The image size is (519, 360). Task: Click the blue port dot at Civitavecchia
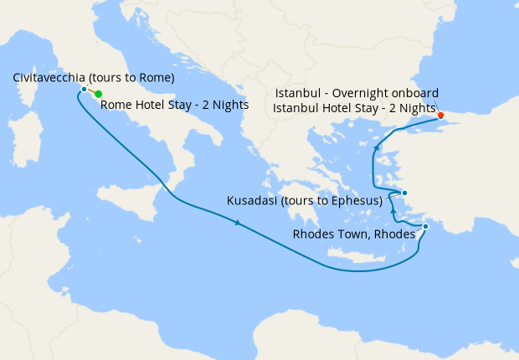[x=84, y=89]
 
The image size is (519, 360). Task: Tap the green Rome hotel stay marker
[x=99, y=95]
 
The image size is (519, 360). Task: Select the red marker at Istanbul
[x=440, y=116]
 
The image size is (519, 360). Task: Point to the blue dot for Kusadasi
[x=404, y=193]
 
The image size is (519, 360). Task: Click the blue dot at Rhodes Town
[x=425, y=226]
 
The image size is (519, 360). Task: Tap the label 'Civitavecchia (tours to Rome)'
[x=94, y=78]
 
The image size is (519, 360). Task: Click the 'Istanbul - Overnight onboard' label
[x=357, y=93]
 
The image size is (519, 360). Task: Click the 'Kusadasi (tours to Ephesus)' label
[x=306, y=201]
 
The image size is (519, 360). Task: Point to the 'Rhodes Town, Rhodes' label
[x=353, y=234]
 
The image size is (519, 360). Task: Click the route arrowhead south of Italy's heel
[x=239, y=223]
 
